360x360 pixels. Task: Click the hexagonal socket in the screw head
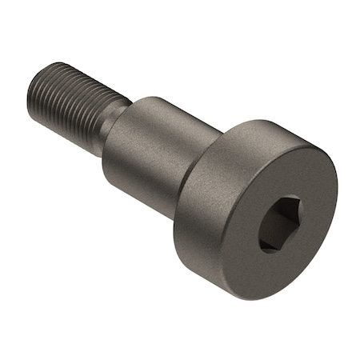pos(279,225)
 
